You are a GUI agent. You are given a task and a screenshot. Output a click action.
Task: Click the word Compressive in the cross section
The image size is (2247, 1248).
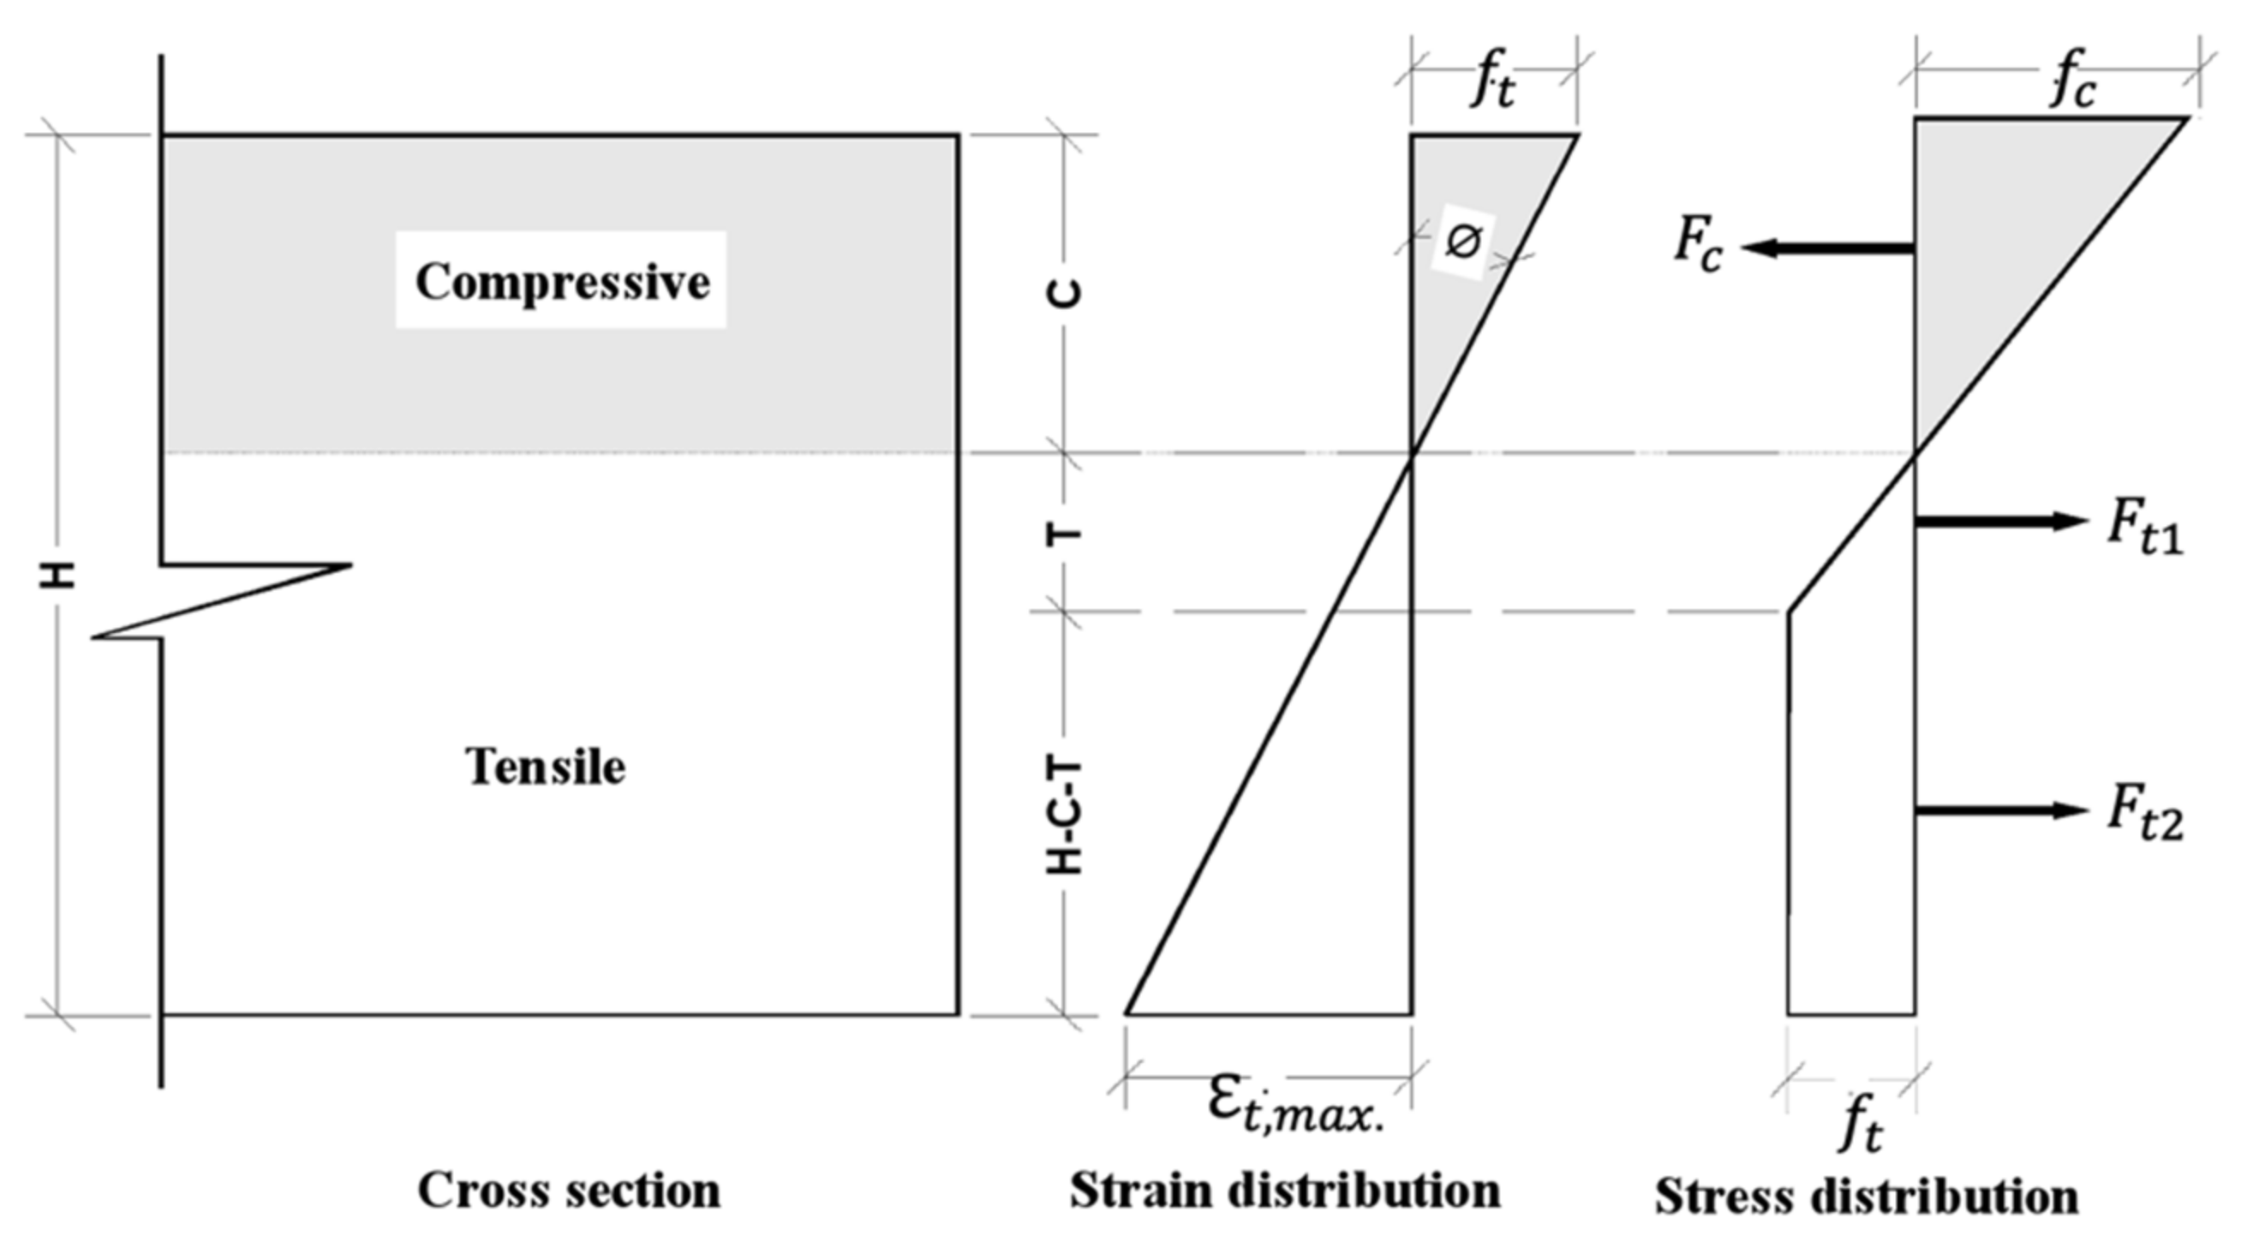[562, 282]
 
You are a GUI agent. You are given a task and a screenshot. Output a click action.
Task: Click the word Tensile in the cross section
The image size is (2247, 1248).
[545, 767]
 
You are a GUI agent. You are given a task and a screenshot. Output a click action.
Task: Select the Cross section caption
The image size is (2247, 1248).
[569, 1191]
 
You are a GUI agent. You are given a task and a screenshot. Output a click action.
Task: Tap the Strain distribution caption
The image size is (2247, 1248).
[1285, 1191]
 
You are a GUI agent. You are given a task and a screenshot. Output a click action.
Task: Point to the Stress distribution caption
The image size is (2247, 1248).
[1867, 1196]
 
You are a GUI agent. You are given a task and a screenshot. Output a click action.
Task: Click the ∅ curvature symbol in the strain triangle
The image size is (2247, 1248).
[1462, 241]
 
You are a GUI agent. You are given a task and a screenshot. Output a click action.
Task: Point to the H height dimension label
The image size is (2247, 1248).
[58, 574]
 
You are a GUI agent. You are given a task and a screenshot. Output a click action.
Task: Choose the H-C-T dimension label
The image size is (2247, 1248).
[1064, 817]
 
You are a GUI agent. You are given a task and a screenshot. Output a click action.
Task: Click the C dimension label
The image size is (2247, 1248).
[1064, 294]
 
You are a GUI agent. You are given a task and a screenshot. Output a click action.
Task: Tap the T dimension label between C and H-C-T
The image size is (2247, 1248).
[1064, 534]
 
